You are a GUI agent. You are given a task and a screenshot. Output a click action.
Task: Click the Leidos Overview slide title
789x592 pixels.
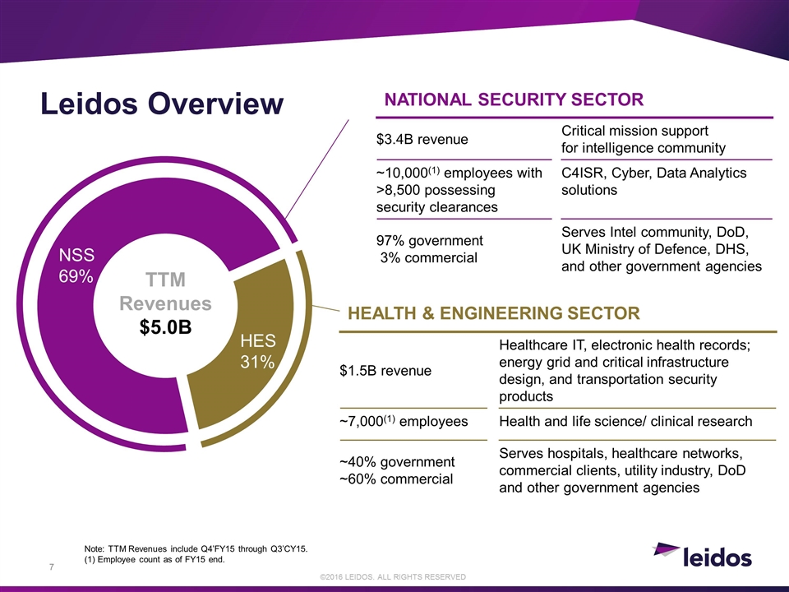(x=162, y=104)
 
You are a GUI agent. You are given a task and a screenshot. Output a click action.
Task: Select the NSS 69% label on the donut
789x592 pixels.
(x=76, y=266)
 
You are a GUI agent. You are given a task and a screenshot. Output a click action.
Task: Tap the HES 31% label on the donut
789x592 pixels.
(x=257, y=351)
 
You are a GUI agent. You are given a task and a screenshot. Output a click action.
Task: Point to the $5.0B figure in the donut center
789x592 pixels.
(x=165, y=327)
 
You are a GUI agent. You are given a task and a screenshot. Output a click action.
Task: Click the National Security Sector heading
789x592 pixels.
(x=514, y=99)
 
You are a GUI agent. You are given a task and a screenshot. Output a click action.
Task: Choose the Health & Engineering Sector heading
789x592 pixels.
(x=494, y=313)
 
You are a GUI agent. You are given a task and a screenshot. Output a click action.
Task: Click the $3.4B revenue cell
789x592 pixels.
(x=422, y=140)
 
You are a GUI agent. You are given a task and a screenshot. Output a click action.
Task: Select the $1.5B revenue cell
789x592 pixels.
(x=385, y=371)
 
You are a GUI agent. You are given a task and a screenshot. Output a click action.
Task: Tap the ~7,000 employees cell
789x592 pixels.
(x=404, y=421)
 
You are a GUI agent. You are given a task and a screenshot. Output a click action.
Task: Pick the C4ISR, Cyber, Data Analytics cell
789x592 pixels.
(x=653, y=181)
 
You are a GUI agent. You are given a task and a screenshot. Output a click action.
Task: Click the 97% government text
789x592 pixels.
(x=430, y=241)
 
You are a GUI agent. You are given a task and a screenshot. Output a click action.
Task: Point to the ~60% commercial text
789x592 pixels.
(x=396, y=479)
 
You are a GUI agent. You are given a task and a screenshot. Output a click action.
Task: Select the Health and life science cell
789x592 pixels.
(x=625, y=421)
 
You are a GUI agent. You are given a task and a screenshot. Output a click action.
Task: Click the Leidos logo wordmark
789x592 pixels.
(x=717, y=557)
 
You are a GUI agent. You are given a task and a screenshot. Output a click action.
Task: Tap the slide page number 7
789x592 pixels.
(x=51, y=567)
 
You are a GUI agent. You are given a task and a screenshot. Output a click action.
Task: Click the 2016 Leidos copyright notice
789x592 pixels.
(x=393, y=577)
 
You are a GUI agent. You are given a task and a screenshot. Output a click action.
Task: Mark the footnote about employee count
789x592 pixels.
(x=155, y=559)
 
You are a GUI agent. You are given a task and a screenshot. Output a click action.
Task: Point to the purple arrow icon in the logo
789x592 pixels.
(x=665, y=549)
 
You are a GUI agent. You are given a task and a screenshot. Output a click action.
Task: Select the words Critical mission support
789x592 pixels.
(x=634, y=131)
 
